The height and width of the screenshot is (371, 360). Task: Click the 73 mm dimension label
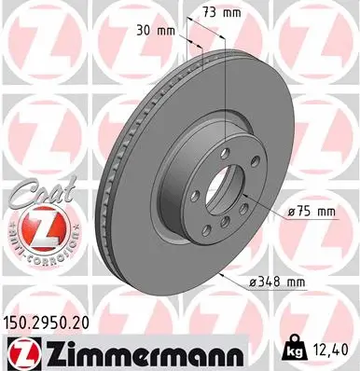(221, 12)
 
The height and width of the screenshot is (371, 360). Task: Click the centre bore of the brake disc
(228, 175)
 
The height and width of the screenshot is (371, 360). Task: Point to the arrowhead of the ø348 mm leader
(222, 274)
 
